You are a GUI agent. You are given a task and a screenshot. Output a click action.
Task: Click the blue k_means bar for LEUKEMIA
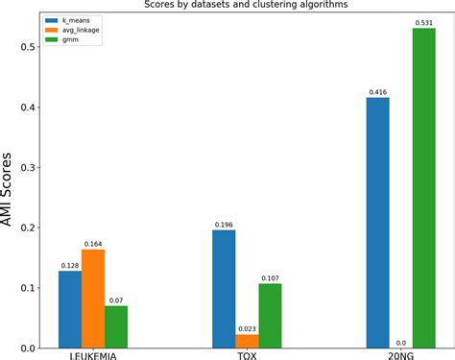[70, 309]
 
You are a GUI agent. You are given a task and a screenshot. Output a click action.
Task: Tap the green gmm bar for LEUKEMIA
[117, 326]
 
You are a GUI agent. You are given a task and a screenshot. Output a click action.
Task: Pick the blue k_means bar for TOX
[224, 289]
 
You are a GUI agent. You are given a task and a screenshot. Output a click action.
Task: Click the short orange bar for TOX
[248, 341]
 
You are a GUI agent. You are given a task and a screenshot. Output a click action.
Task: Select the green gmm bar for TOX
[271, 316]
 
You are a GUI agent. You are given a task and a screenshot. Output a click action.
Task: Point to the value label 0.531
[425, 22]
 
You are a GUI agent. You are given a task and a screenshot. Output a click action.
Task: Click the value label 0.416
[378, 91]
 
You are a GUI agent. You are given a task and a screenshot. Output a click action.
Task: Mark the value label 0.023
[248, 327]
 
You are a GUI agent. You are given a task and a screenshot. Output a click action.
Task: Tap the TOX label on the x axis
[248, 355]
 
